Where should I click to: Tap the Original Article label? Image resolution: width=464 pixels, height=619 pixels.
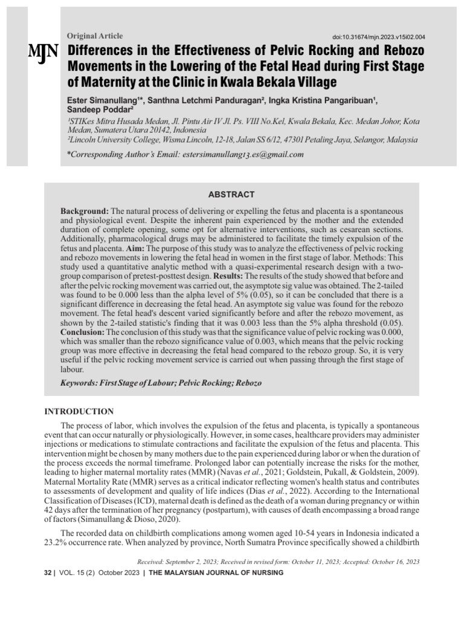point(95,36)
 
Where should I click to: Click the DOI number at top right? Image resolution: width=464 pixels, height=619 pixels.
point(378,37)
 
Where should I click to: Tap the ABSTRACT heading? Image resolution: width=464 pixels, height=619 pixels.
point(232,195)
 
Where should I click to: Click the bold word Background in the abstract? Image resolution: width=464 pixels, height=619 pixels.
point(85,210)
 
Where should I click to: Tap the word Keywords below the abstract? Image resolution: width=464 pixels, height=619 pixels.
point(80,383)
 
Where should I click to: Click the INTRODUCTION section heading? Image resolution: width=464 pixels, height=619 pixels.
point(79,412)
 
